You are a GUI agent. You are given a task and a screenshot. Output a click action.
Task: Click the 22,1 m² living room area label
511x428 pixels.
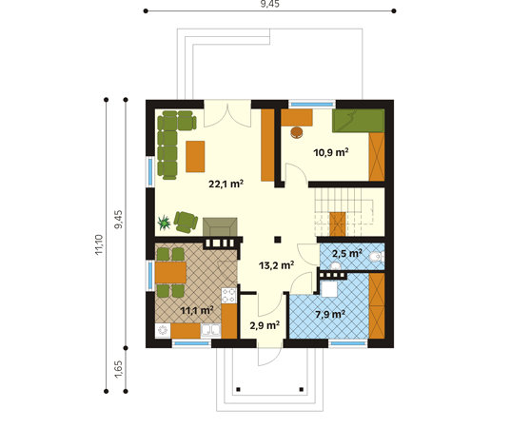coord(226,184)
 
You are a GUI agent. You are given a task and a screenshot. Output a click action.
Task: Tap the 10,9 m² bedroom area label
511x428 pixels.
coord(331,152)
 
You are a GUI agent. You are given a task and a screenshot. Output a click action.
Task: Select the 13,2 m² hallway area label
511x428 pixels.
coord(277,265)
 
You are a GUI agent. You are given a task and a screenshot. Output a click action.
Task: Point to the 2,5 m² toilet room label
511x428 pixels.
coord(346,253)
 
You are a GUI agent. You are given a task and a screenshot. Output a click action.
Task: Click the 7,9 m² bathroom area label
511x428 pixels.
coord(330,314)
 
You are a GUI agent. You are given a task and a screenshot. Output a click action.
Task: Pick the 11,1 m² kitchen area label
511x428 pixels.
coord(197,310)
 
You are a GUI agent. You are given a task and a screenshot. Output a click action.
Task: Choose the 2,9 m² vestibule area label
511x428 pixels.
coord(265,325)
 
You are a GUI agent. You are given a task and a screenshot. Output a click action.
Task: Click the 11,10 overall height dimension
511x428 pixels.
coord(99,244)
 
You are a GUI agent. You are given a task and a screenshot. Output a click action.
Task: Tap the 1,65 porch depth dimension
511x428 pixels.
coord(119,369)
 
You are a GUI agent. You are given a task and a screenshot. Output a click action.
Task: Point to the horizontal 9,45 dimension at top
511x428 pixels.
coord(270,4)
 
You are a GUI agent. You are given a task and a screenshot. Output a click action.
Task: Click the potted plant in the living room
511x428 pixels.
coord(164,223)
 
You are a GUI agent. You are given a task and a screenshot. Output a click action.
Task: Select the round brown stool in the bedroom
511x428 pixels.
coord(297,132)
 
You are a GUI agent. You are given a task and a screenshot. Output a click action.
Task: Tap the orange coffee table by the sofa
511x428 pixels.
coord(195,156)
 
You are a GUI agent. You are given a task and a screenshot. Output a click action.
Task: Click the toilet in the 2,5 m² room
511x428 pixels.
coord(377,257)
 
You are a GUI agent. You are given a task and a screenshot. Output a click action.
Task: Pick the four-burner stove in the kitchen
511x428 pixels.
coord(228,296)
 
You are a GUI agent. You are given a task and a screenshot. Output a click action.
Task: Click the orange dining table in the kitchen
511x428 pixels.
coord(170,272)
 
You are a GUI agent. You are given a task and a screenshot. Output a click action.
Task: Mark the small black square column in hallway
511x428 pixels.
coord(277,240)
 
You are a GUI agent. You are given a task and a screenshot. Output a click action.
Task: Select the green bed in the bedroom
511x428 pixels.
coord(358,121)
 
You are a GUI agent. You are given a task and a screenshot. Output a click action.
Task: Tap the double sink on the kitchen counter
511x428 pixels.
coord(210,330)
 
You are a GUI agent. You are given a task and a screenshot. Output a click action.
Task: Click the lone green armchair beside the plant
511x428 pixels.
coord(186,223)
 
